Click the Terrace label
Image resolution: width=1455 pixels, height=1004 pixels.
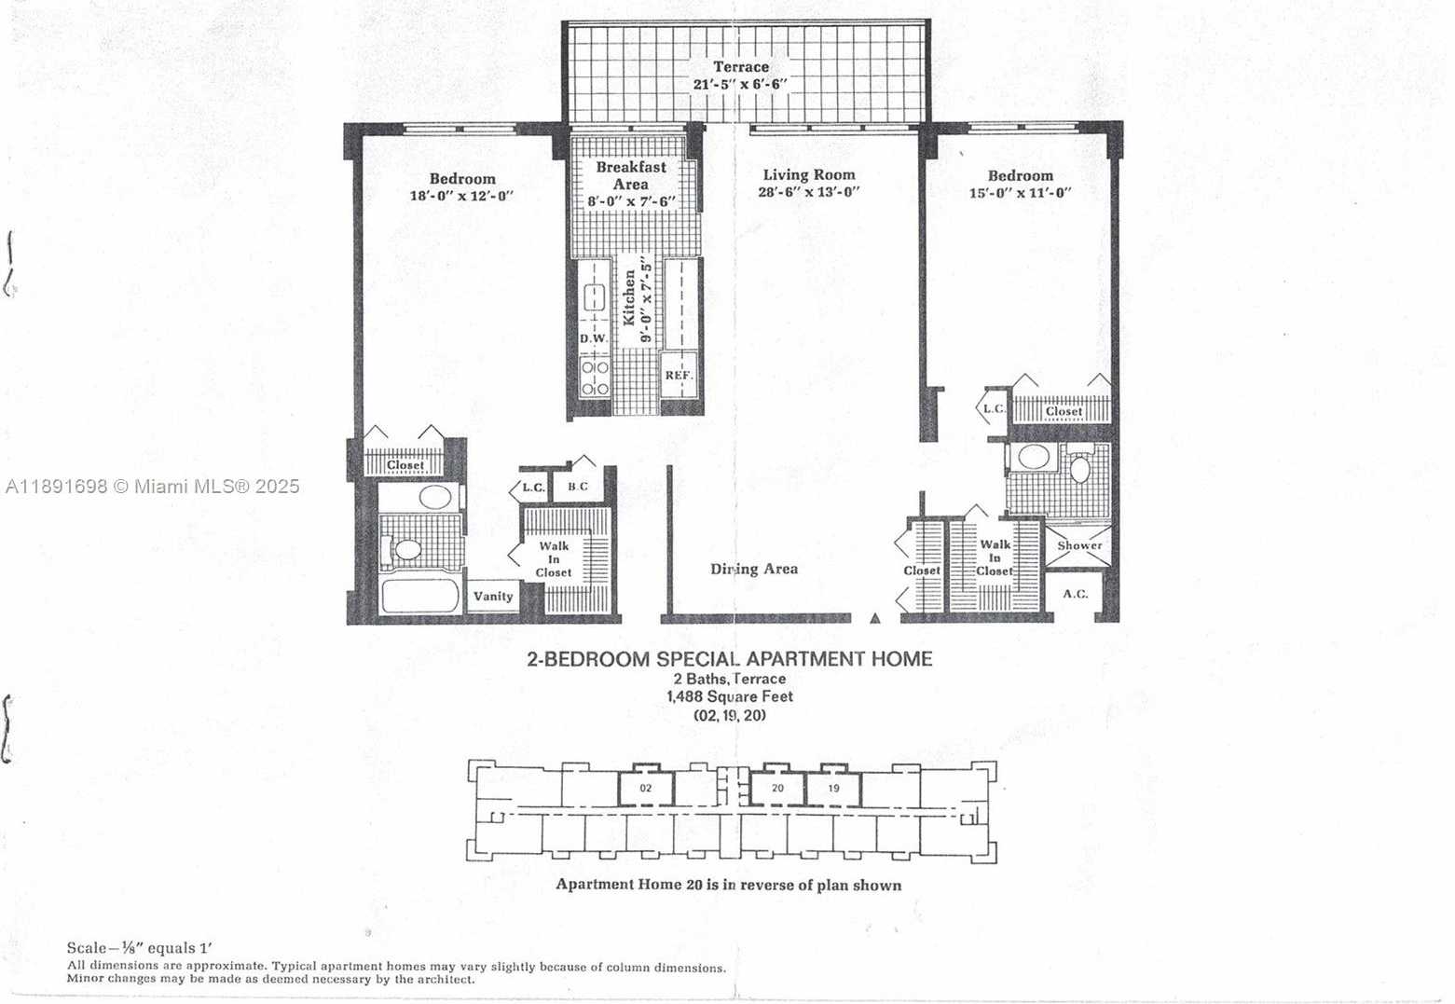pyautogui.click(x=741, y=67)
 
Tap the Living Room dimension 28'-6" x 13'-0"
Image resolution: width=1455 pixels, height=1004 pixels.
pyautogui.click(x=809, y=192)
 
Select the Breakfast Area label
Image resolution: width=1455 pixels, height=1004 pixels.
pyautogui.click(x=631, y=175)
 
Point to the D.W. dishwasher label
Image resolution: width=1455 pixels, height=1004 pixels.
pyautogui.click(x=594, y=338)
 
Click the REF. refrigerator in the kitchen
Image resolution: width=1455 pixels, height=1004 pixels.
pyautogui.click(x=679, y=375)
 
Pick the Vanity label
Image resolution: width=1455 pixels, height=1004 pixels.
pyautogui.click(x=493, y=596)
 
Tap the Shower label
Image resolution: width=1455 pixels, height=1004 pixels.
pyautogui.click(x=1079, y=545)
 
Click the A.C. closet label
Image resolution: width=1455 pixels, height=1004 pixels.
pyautogui.click(x=1075, y=594)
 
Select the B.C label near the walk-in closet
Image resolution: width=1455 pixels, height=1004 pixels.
pyautogui.click(x=578, y=486)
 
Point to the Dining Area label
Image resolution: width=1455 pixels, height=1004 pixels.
pyautogui.click(x=753, y=569)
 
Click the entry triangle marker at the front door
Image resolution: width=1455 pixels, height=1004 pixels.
pyautogui.click(x=875, y=618)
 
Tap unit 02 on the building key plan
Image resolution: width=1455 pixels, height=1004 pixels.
pyautogui.click(x=646, y=789)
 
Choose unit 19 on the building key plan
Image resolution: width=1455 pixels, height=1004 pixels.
pyautogui.click(x=833, y=789)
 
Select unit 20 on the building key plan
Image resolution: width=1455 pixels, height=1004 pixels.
pyautogui.click(x=777, y=789)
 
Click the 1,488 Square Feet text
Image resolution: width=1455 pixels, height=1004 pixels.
pyautogui.click(x=730, y=697)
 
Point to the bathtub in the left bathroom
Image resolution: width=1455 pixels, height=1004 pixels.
pyautogui.click(x=419, y=596)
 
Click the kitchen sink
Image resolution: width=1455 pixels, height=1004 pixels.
pyautogui.click(x=595, y=297)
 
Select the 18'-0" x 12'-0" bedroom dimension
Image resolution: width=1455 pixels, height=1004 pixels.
pyautogui.click(x=461, y=196)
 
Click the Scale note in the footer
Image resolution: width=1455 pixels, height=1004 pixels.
pyautogui.click(x=140, y=948)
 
